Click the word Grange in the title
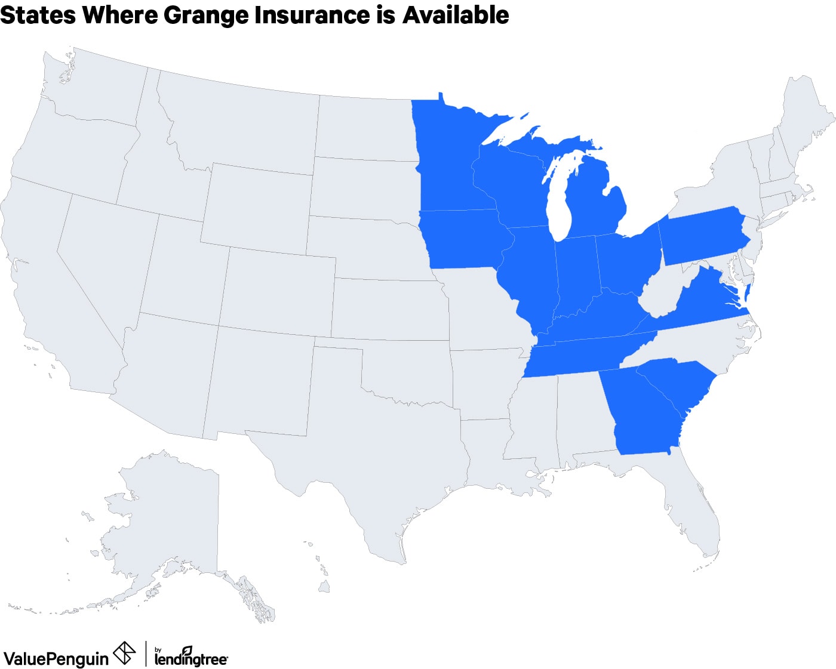(x=206, y=16)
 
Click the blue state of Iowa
(x=463, y=239)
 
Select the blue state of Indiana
(x=576, y=272)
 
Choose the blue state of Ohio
(x=627, y=260)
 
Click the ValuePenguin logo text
(x=56, y=658)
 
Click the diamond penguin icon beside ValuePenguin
(x=124, y=653)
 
